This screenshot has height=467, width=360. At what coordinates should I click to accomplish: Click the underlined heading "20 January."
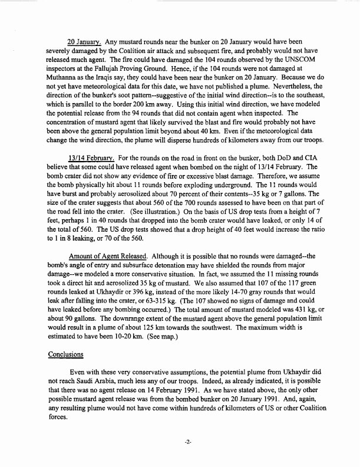pos(84,42)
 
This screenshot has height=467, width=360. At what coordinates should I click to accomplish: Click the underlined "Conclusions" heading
pos(66,356)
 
